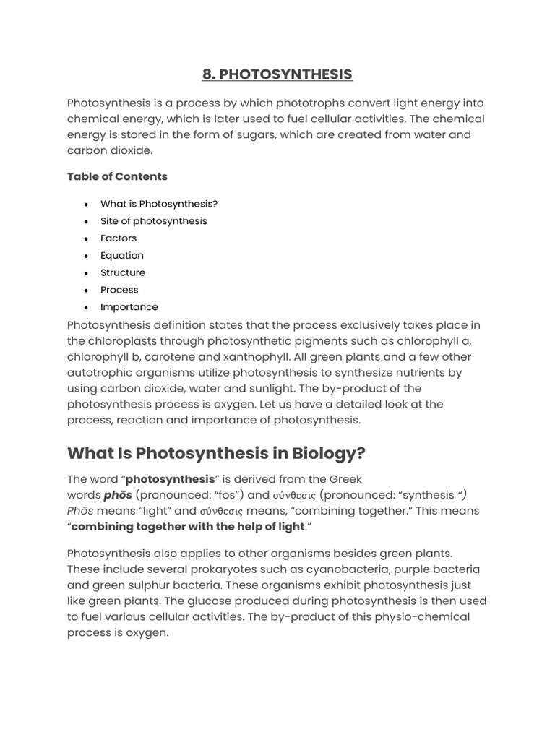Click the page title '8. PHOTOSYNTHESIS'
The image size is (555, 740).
pyautogui.click(x=277, y=74)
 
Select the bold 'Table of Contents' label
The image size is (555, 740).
pyautogui.click(x=117, y=176)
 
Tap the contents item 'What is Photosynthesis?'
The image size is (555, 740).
pyautogui.click(x=158, y=204)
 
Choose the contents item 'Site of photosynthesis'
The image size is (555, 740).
pyautogui.click(x=153, y=221)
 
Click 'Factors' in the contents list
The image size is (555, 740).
pyautogui.click(x=118, y=238)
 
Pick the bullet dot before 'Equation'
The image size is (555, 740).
pyautogui.click(x=86, y=256)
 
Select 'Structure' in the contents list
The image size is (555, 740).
pyautogui.click(x=122, y=272)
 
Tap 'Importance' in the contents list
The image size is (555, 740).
pyautogui.click(x=129, y=307)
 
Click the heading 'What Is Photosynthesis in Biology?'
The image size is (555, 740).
pyautogui.click(x=216, y=453)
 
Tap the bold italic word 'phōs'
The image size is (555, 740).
pyautogui.click(x=117, y=495)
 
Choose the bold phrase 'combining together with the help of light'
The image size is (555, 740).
pyautogui.click(x=188, y=527)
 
